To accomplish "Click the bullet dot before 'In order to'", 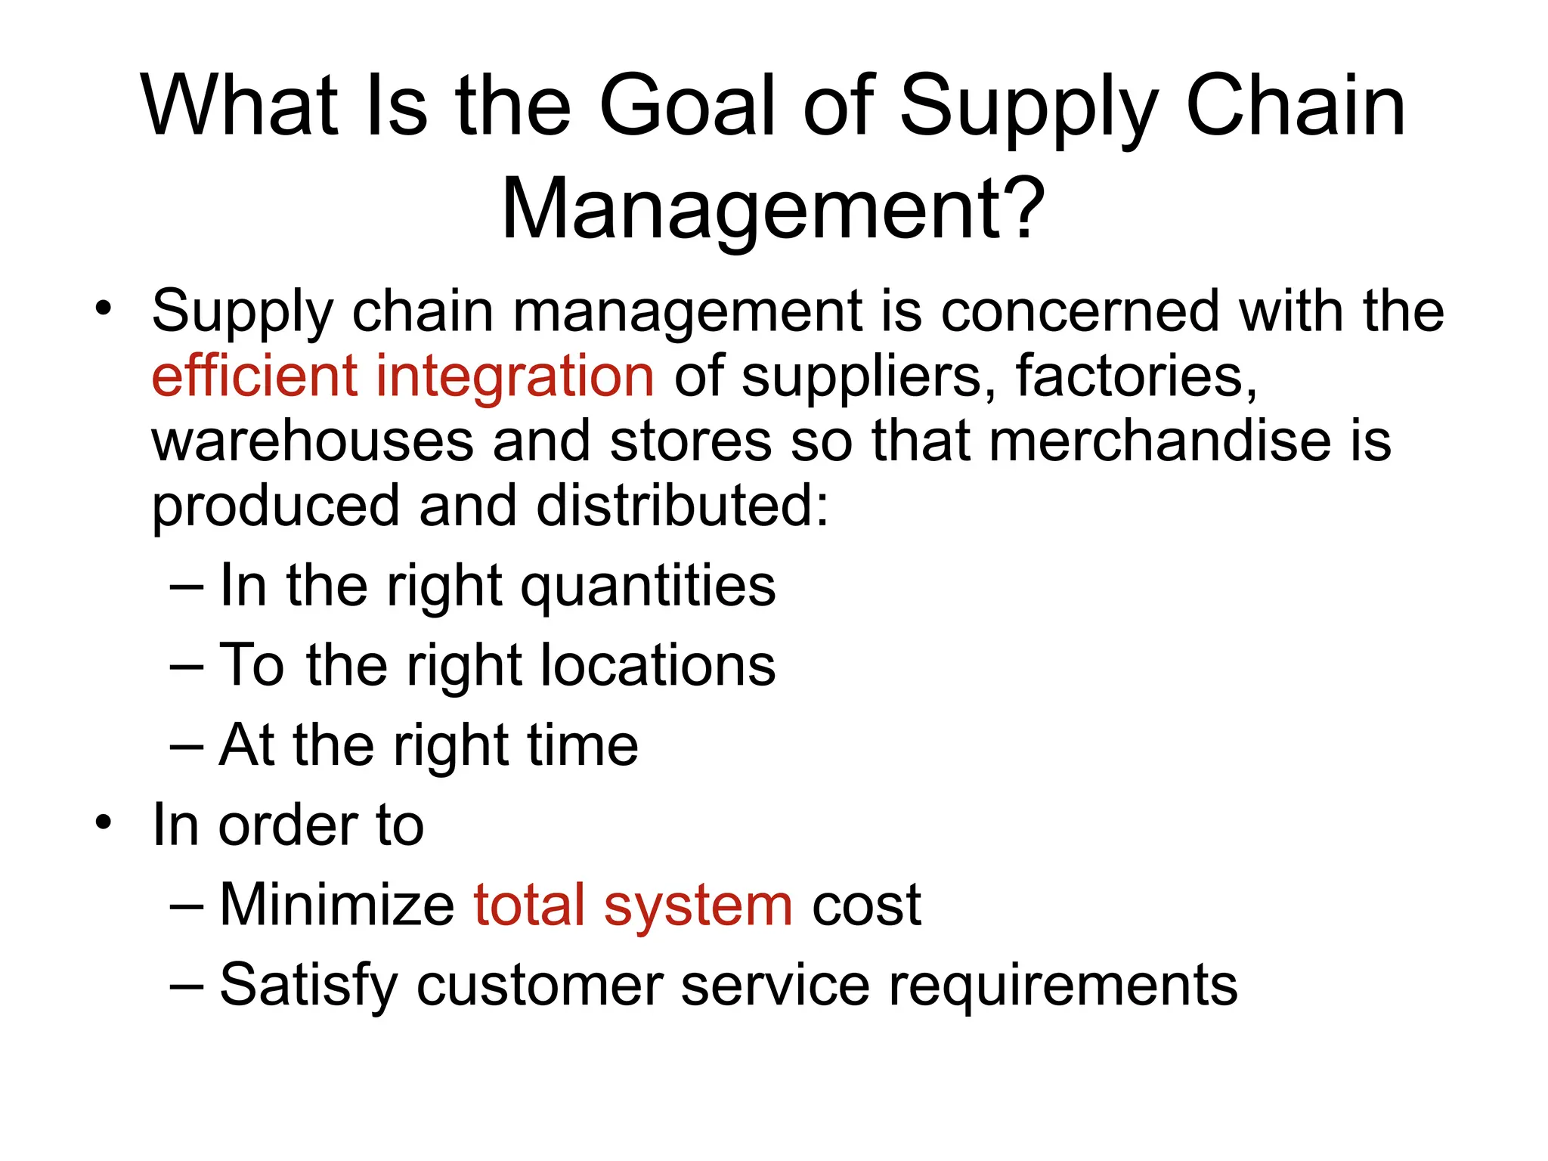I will click(x=104, y=823).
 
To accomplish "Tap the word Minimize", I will click(x=336, y=905).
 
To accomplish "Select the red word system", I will click(x=698, y=906).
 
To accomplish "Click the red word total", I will click(x=529, y=905).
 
